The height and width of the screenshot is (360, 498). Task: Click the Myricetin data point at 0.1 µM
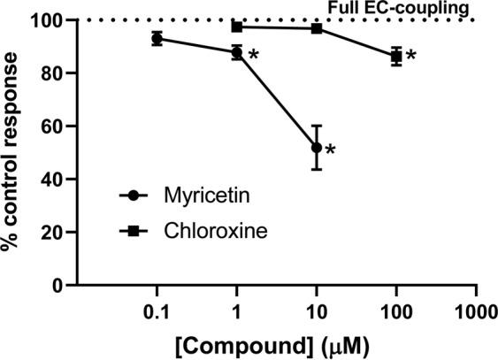[157, 38]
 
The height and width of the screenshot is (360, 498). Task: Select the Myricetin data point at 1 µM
[236, 53]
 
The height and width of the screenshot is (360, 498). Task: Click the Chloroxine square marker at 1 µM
[236, 27]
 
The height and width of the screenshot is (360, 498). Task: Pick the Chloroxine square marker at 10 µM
[317, 28]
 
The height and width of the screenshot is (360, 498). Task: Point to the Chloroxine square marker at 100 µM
[396, 57]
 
